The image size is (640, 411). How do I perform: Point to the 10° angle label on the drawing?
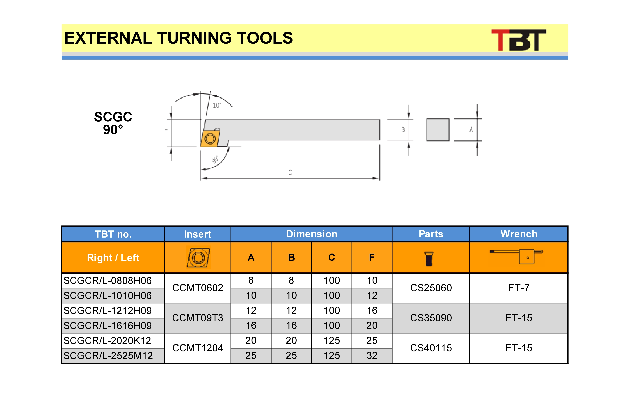coord(217,105)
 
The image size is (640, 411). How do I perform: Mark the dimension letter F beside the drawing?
coord(166,132)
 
